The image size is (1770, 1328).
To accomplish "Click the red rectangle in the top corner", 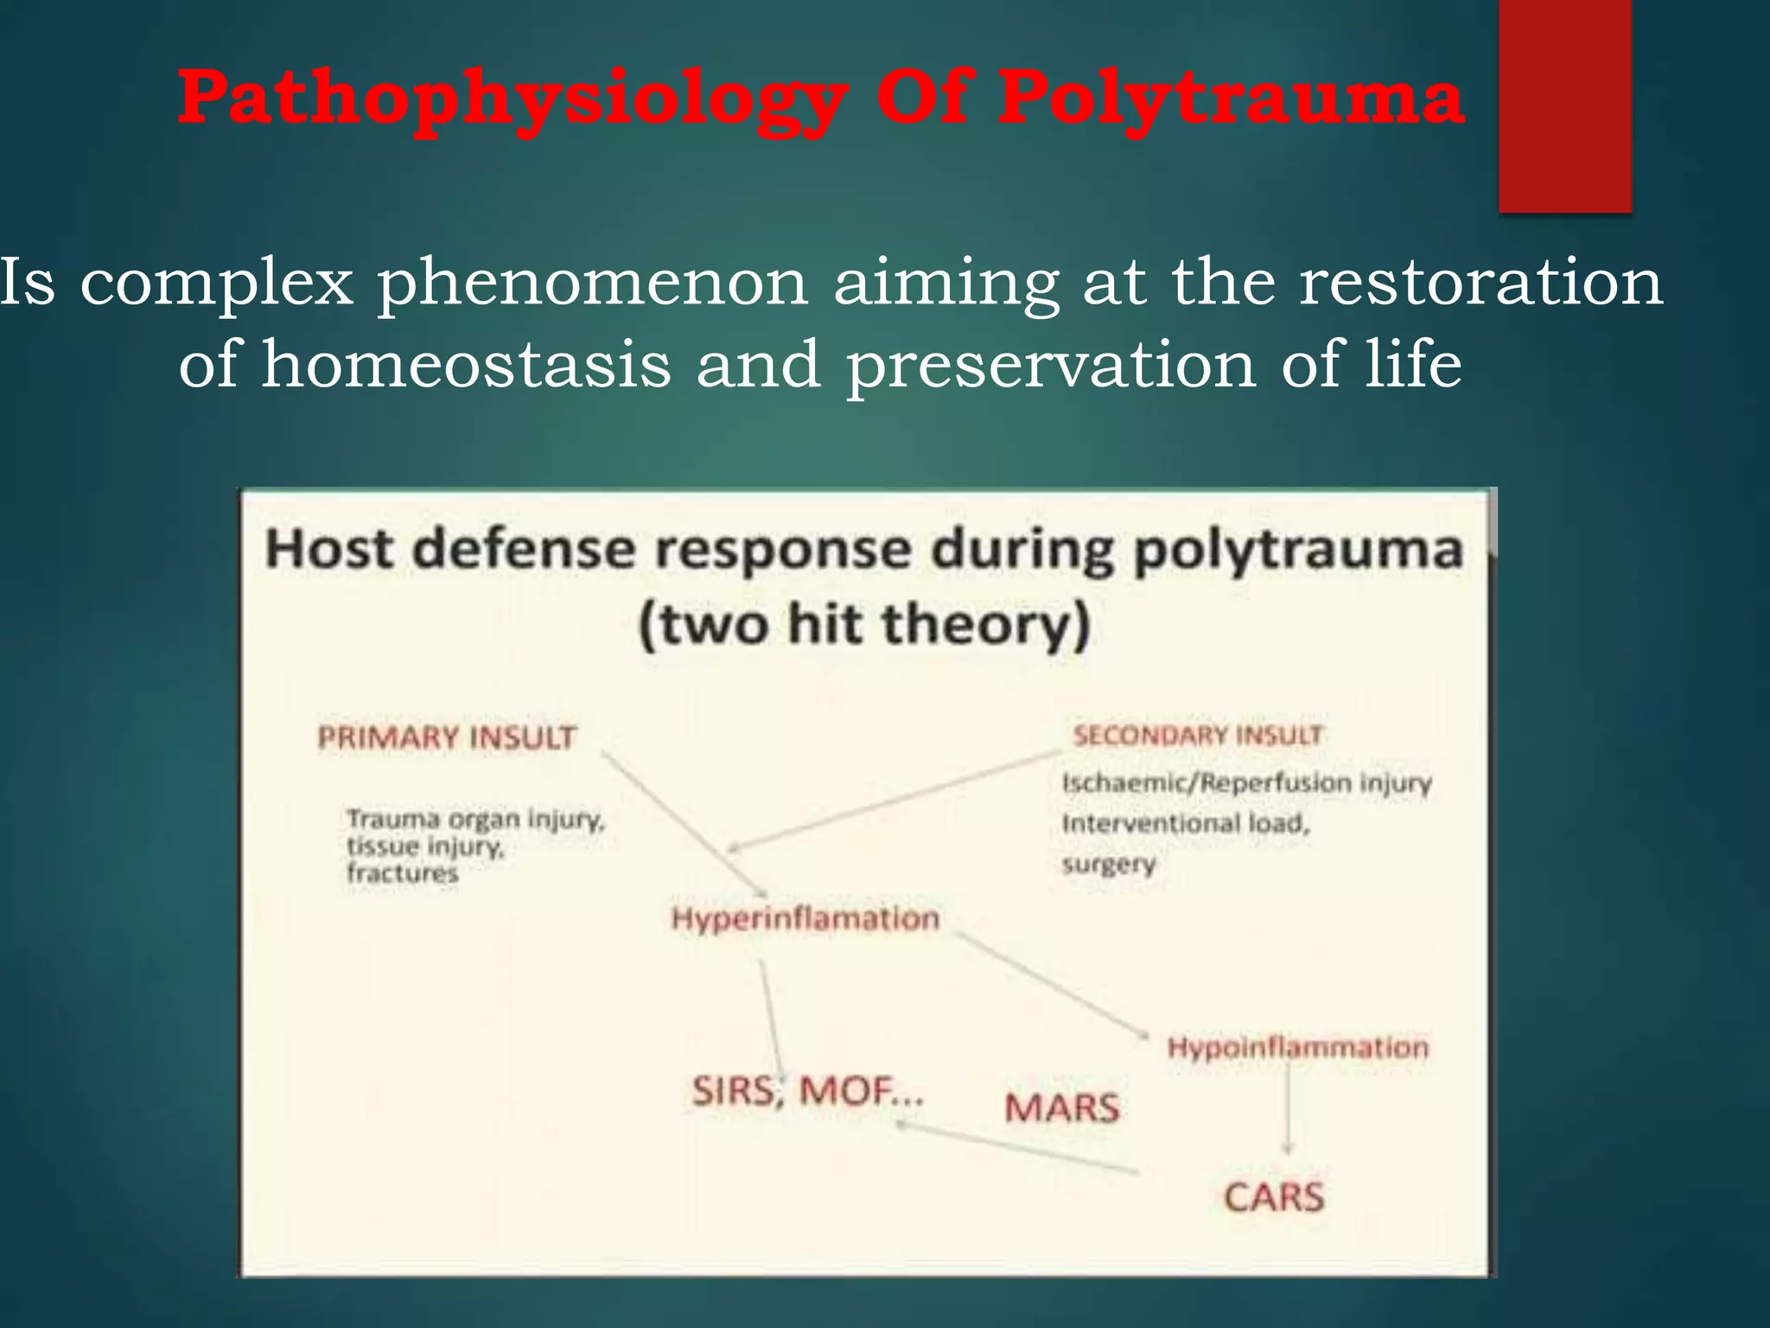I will [x=1564, y=105].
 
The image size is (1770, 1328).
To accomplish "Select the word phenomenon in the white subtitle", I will [x=593, y=283].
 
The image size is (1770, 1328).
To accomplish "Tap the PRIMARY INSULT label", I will [x=446, y=737].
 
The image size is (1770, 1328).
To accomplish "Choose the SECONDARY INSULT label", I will [x=1197, y=736].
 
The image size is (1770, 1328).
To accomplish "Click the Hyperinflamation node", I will [x=805, y=918].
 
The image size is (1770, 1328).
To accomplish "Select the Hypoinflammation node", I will [x=1297, y=1048].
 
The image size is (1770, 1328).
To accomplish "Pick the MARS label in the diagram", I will [x=1061, y=1108].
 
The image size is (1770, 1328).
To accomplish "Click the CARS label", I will [x=1273, y=1197].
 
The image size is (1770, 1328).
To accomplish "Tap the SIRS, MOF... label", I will [x=807, y=1092].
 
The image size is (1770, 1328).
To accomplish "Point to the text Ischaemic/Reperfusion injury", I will [x=1246, y=783].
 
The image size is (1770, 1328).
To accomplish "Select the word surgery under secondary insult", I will [x=1108, y=864].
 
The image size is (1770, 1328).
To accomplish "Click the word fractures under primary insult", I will [x=402, y=873].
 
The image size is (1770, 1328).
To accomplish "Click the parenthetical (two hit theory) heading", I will [x=863, y=625].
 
